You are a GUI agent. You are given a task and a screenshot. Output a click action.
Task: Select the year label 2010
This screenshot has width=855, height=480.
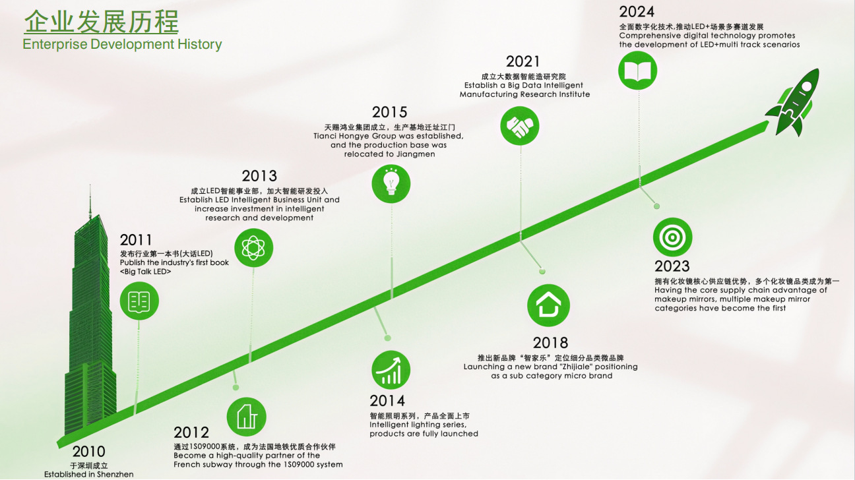click(x=88, y=452)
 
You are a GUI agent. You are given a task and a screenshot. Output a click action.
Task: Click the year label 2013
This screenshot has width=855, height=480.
click(x=259, y=176)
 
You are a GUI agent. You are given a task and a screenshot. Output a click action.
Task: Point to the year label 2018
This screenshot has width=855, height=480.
click(x=550, y=343)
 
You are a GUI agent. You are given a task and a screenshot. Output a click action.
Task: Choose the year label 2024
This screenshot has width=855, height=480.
click(x=637, y=12)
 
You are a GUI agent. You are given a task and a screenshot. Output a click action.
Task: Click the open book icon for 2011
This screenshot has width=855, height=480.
click(x=139, y=301)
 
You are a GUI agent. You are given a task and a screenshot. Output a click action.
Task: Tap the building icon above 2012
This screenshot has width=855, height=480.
click(x=247, y=417)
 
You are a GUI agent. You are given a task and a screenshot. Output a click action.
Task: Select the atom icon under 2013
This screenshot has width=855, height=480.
click(x=253, y=248)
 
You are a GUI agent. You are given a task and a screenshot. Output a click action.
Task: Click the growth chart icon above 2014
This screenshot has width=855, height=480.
click(x=391, y=370)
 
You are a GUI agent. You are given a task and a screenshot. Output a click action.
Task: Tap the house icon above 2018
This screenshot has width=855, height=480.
click(x=548, y=305)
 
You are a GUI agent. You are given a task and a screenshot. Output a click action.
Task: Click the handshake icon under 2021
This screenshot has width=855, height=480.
click(x=519, y=126)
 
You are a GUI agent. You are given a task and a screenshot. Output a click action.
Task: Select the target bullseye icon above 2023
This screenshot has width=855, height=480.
click(x=672, y=237)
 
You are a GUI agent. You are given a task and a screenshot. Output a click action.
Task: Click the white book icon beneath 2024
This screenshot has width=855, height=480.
click(x=637, y=71)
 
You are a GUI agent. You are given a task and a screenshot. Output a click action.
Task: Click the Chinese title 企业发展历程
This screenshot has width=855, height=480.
click(x=102, y=21)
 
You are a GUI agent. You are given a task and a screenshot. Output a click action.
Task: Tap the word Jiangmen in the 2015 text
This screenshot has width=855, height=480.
click(x=416, y=154)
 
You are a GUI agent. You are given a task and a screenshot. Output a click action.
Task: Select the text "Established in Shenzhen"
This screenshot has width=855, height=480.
click(x=89, y=474)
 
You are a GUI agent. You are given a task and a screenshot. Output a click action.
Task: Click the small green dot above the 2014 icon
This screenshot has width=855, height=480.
click(x=388, y=338)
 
